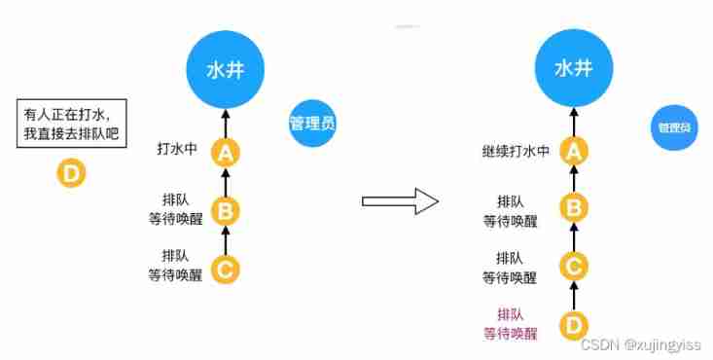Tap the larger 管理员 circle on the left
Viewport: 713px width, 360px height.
pos(312,123)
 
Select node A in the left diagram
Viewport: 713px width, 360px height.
pos(226,152)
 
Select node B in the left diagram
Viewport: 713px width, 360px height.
pos(226,209)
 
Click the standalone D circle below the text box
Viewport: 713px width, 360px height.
pos(74,175)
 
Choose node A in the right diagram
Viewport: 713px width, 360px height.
pos(574,151)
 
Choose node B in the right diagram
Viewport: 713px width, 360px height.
pos(574,207)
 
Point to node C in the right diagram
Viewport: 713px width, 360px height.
pos(574,264)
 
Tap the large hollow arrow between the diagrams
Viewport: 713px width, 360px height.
pos(399,201)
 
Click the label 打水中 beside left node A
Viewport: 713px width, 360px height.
pos(178,150)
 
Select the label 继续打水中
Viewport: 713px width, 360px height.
pos(516,151)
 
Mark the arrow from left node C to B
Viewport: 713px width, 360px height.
pos(226,237)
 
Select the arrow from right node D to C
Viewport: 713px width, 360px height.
pos(574,293)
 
